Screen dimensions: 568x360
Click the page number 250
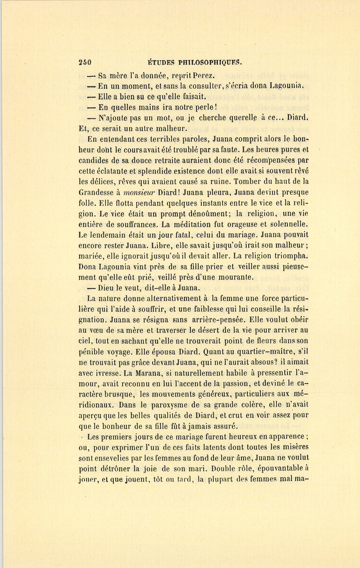(x=85, y=62)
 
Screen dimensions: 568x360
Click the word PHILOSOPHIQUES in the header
(x=210, y=62)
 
